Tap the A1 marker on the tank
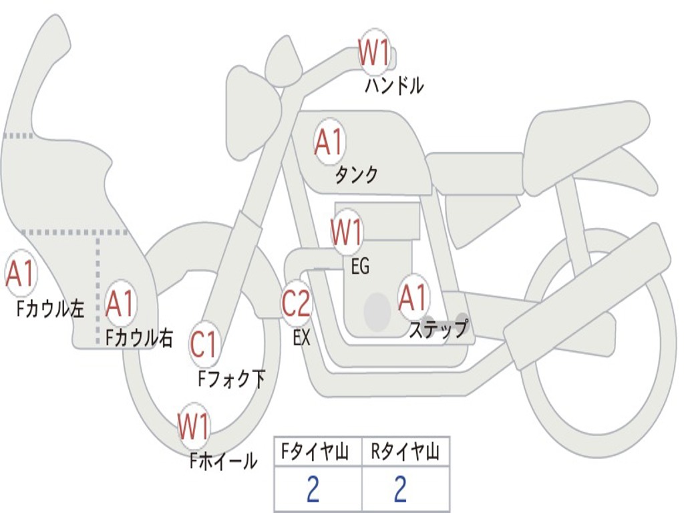pyautogui.click(x=329, y=142)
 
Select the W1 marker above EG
pyautogui.click(x=347, y=232)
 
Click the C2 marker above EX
pyautogui.click(x=297, y=303)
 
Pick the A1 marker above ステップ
pyautogui.click(x=413, y=297)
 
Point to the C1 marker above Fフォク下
pyautogui.click(x=204, y=345)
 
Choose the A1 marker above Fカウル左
pyautogui.click(x=21, y=273)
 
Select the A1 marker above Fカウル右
pyautogui.click(x=120, y=303)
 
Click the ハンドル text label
pyautogui.click(x=394, y=85)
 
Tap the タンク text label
pyautogui.click(x=357, y=175)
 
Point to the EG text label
pyautogui.click(x=360, y=266)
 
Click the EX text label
pyautogui.click(x=301, y=337)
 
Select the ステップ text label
pyautogui.click(x=438, y=328)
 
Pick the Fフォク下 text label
pyautogui.click(x=231, y=379)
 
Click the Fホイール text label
pyautogui.click(x=223, y=461)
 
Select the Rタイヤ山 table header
pyautogui.click(x=405, y=452)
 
